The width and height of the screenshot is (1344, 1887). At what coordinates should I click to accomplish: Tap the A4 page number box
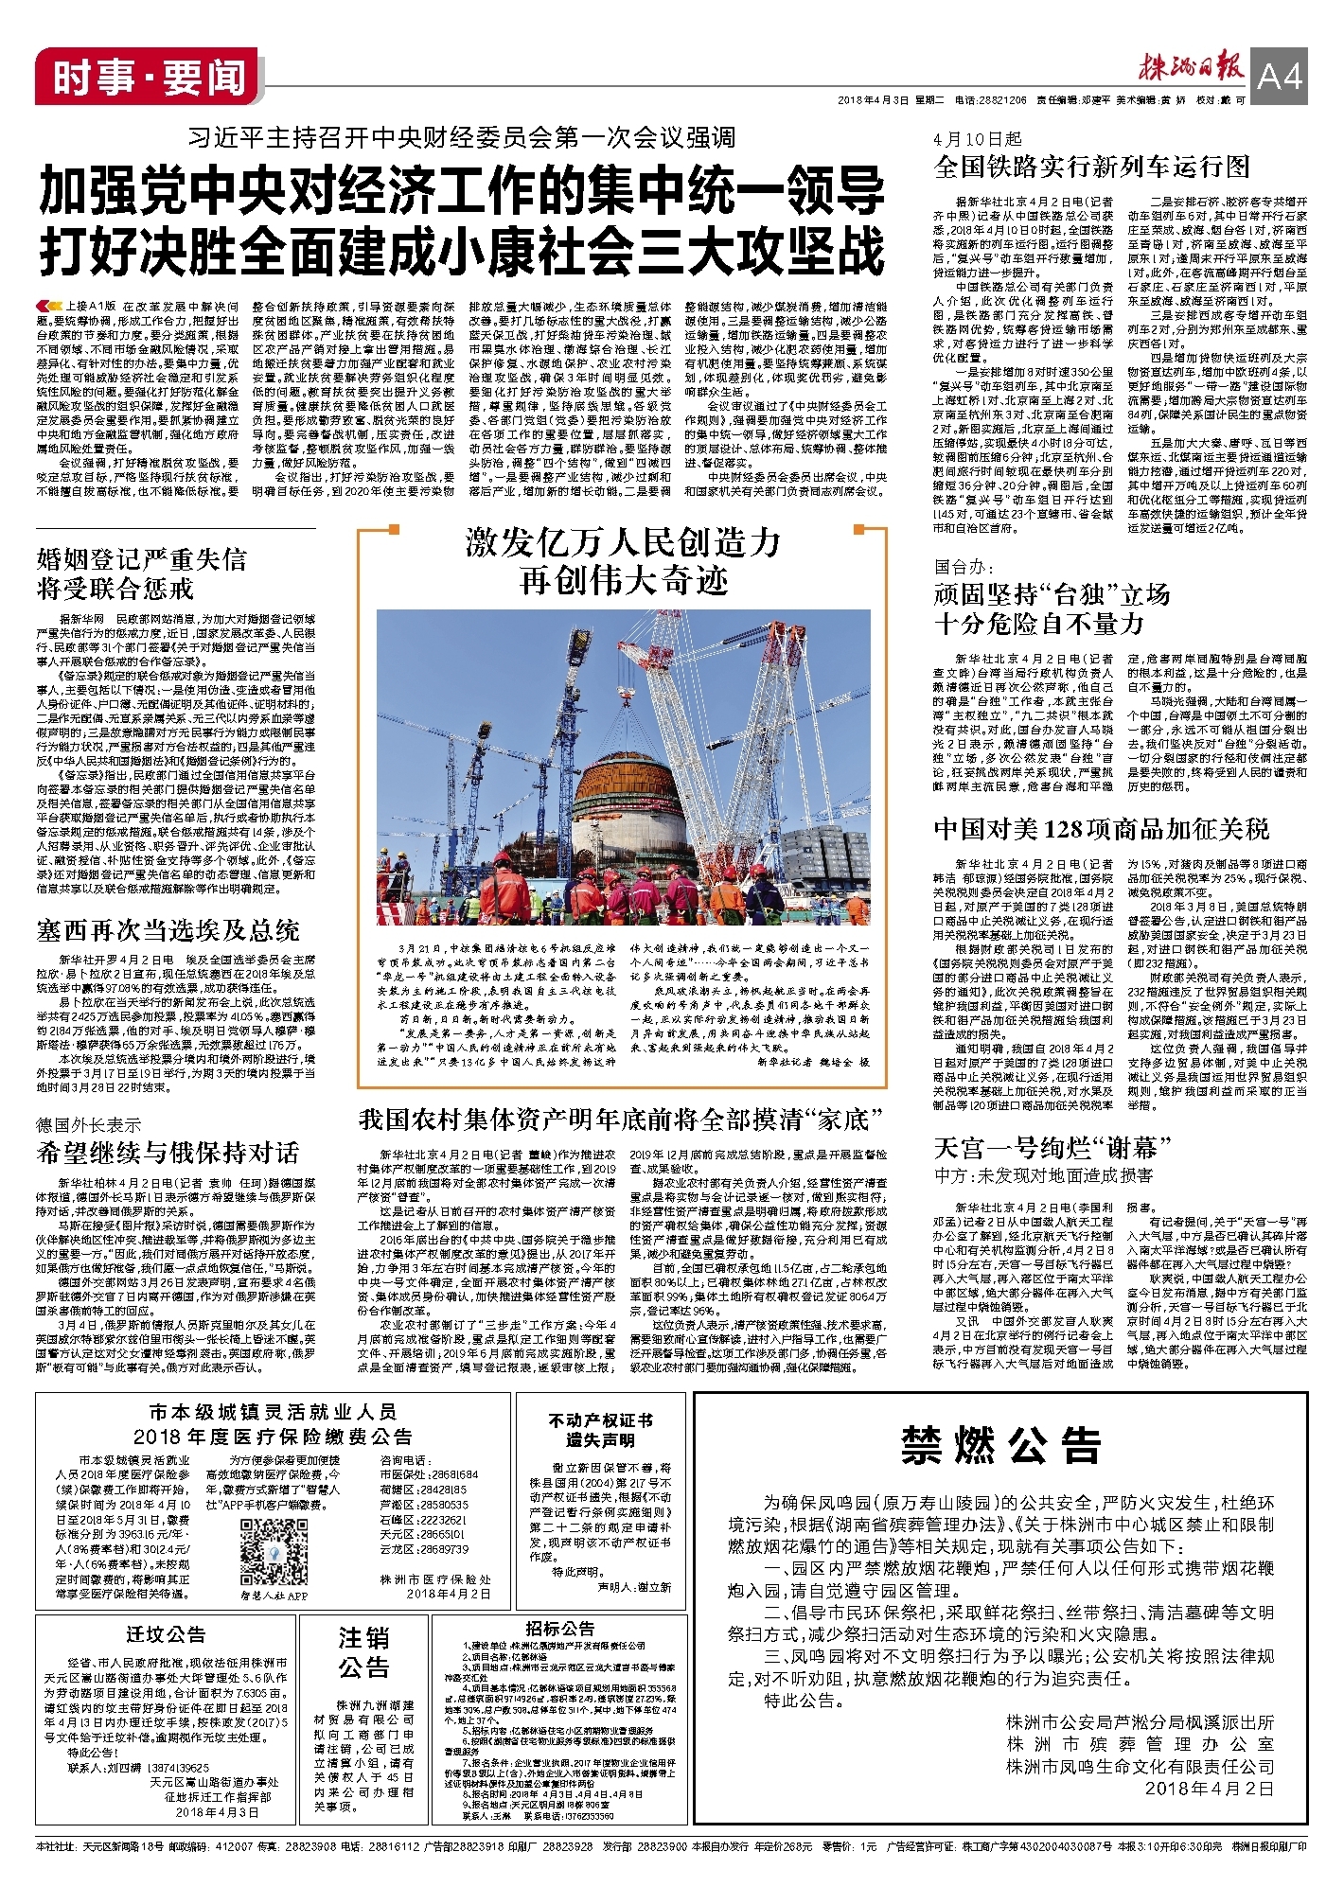(x=1280, y=77)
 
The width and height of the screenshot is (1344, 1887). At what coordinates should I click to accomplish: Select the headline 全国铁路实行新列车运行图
(x=1092, y=168)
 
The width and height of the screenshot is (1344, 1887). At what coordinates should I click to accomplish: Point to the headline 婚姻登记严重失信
(x=141, y=558)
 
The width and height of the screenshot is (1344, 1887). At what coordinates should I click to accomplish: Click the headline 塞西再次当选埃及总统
(x=168, y=930)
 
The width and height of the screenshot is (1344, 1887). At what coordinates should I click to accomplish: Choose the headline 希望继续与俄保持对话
(x=168, y=1153)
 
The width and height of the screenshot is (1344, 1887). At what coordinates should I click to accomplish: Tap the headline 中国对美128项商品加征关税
(x=1102, y=829)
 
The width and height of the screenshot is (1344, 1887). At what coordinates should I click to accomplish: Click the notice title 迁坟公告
(x=166, y=1635)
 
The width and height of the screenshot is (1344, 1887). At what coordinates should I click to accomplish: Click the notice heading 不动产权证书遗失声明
(x=600, y=1430)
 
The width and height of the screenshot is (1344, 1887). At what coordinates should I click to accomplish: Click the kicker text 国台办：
(x=964, y=567)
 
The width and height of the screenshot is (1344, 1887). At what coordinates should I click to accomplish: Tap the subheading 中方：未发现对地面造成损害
(x=1043, y=1175)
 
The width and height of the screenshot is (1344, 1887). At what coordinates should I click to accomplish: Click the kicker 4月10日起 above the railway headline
(x=978, y=138)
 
